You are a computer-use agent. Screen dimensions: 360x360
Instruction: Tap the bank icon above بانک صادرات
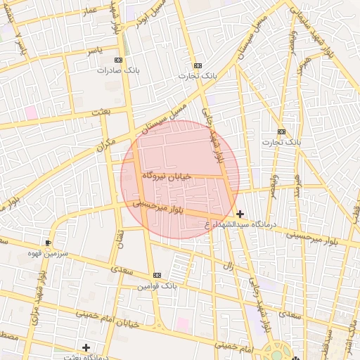(x=117, y=60)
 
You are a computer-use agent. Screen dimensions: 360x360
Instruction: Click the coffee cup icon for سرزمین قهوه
(x=48, y=242)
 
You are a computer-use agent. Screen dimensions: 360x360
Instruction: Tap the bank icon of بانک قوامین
(x=157, y=275)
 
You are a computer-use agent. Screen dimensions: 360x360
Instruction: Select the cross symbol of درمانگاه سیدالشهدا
(x=240, y=214)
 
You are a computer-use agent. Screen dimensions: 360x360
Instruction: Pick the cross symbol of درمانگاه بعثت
(x=86, y=347)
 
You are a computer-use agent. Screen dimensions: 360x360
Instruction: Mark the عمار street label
(x=89, y=11)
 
